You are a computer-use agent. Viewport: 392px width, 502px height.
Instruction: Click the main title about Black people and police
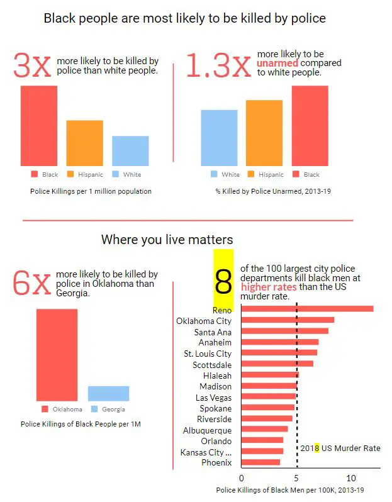(184, 18)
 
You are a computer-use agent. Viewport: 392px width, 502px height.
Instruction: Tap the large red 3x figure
(31, 67)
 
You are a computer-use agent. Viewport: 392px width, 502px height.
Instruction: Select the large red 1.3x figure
(218, 67)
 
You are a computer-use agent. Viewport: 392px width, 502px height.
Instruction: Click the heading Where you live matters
(167, 240)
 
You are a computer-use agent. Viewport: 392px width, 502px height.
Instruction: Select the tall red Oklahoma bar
(57, 355)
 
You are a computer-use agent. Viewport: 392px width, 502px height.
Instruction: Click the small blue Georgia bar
(108, 393)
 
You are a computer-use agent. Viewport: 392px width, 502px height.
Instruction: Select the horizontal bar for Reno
(307, 309)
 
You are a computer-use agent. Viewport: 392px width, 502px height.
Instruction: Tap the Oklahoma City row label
(204, 321)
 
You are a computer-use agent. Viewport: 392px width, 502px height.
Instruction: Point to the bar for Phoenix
(260, 462)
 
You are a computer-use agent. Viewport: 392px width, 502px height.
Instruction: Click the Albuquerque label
(207, 430)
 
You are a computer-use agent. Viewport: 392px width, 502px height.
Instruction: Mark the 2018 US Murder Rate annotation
(340, 449)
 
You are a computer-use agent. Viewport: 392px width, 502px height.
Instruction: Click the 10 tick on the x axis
(351, 479)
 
